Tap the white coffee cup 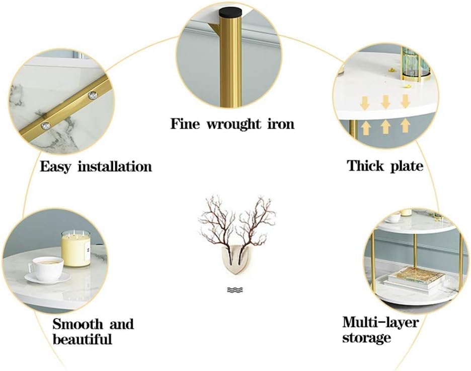coord(46,269)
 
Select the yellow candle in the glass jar coord(76,249)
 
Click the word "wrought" coord(233,124)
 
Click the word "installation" coord(115,166)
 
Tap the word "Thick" coord(365,165)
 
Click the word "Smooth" coord(78,324)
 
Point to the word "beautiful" coord(82,339)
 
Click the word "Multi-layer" coord(380,323)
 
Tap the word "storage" coord(366,338)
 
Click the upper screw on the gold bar coord(93,96)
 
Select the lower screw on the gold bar coord(45,126)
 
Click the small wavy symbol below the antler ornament coord(235,290)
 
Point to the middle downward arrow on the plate coord(385,102)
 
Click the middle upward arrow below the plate coord(385,127)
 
